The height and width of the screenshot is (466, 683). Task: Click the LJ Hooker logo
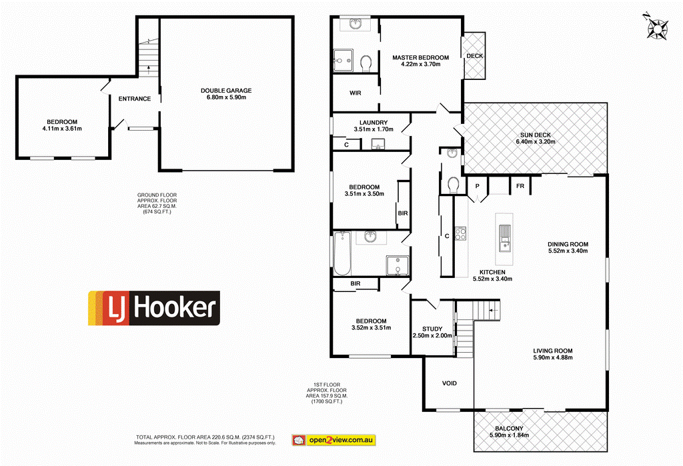tap(154, 308)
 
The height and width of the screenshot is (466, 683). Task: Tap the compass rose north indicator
tap(658, 28)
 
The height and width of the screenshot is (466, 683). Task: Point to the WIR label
tap(355, 93)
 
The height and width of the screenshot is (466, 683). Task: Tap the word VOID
tap(450, 384)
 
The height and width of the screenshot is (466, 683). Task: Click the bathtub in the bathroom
tap(341, 254)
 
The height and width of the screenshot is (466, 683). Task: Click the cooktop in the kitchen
tap(460, 234)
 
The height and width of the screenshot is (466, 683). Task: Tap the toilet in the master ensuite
tap(365, 64)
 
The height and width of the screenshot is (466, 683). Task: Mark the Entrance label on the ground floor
tap(135, 99)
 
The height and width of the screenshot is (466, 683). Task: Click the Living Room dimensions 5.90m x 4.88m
tap(552, 358)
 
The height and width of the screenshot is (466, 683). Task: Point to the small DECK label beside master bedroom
tap(475, 56)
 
